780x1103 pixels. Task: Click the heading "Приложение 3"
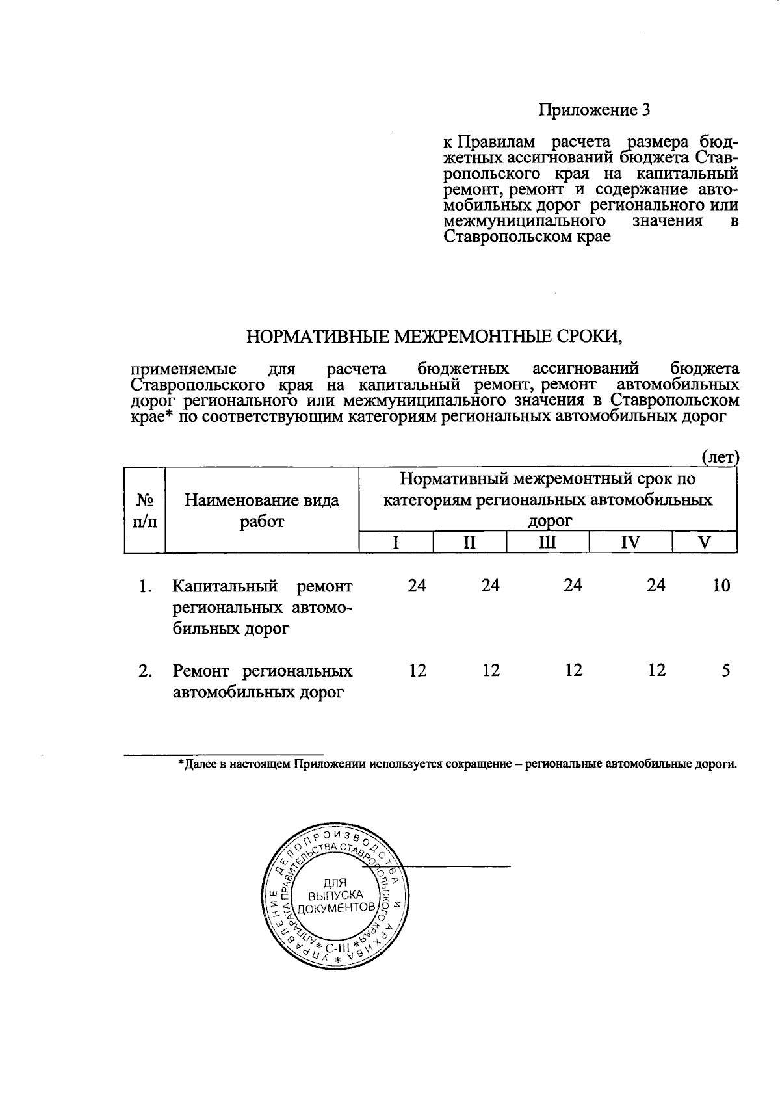click(594, 110)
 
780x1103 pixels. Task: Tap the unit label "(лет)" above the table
click(720, 458)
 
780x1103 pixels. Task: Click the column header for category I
click(396, 542)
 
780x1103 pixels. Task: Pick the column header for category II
click(469, 542)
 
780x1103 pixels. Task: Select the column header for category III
click(547, 542)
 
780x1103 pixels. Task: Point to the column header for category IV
click(630, 542)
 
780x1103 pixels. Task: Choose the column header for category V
click(704, 542)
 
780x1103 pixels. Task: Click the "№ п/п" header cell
click(144, 510)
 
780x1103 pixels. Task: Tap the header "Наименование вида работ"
click(262, 510)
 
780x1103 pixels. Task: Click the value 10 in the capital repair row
click(721, 586)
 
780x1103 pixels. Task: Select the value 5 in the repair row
click(725, 670)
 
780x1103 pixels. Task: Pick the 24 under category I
click(417, 586)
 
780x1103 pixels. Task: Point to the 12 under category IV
click(656, 670)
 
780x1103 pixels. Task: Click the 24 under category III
click(573, 586)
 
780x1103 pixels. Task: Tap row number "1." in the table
click(146, 586)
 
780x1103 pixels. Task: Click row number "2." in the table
click(146, 671)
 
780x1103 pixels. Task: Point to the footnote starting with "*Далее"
click(458, 764)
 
